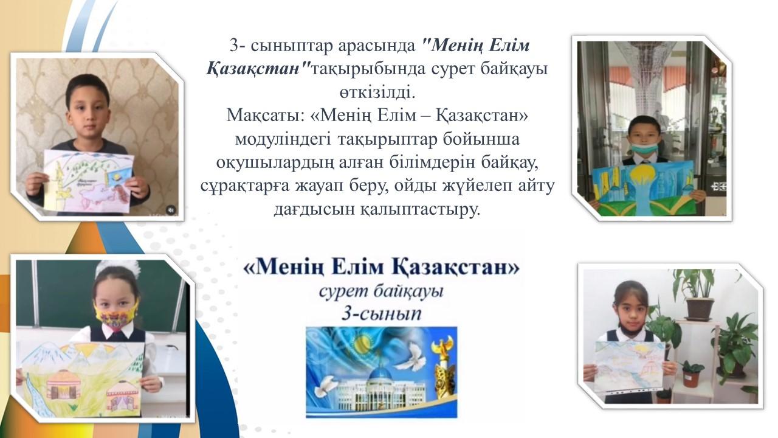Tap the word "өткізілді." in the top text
377,92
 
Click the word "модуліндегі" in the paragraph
283,139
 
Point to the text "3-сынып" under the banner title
381,313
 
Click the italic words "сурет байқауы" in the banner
381,291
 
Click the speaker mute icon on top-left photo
171,210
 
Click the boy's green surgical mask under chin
645,148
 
